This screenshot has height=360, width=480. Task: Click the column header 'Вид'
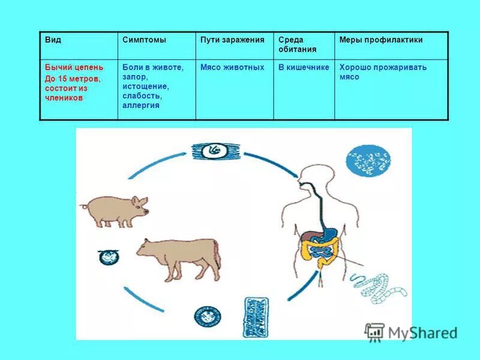(53, 40)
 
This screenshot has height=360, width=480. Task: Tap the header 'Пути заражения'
(232, 40)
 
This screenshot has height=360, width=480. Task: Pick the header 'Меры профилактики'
(381, 40)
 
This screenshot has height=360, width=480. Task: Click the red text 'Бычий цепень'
(74, 67)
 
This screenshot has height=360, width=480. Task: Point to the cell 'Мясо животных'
(232, 67)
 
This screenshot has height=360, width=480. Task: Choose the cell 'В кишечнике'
(304, 67)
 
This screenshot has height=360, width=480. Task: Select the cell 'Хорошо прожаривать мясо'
(383, 72)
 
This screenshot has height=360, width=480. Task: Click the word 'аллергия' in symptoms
(141, 106)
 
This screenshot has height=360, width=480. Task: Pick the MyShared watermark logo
(411, 332)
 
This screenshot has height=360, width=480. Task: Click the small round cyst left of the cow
(109, 257)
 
